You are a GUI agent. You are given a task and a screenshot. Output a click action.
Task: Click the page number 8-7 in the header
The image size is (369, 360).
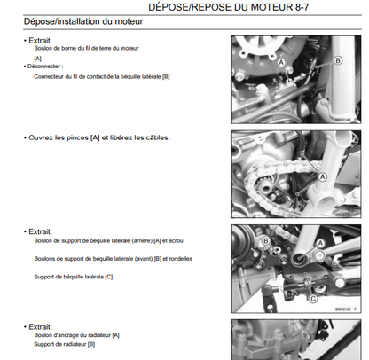[302, 7]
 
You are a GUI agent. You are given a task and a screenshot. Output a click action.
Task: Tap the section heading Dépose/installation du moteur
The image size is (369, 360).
[83, 21]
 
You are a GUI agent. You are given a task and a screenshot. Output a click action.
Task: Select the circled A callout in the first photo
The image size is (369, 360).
[281, 63]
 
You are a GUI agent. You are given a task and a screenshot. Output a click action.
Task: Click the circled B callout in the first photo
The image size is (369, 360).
[338, 60]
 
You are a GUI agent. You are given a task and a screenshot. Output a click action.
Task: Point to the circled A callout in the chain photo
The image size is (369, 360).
[323, 177]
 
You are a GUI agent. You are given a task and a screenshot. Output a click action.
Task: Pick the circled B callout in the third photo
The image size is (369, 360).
[265, 241]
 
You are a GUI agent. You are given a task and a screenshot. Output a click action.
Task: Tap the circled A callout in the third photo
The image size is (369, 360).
[320, 244]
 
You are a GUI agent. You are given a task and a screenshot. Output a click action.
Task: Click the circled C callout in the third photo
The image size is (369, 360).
[313, 299]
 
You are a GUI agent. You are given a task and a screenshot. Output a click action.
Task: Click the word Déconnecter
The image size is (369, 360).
[43, 67]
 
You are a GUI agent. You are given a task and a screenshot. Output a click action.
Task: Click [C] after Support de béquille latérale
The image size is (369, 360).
[109, 277]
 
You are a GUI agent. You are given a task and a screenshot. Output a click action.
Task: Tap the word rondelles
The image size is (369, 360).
[181, 259]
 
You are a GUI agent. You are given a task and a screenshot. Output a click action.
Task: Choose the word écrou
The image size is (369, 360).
[176, 241]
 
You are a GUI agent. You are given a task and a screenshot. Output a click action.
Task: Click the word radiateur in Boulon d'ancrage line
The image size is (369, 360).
[99, 335]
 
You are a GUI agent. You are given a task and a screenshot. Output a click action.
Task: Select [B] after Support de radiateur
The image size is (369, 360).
[91, 344]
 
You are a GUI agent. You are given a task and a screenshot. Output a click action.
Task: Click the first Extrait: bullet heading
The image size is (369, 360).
[40, 41]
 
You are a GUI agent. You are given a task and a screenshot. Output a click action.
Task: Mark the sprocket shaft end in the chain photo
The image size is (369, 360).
[265, 187]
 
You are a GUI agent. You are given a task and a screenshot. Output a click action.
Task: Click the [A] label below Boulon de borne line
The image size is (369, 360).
[38, 59]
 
